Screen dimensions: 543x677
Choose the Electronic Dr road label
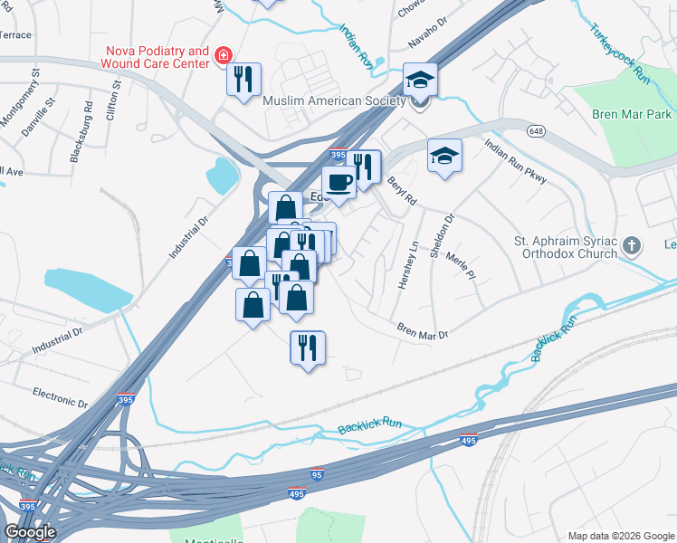[x=60, y=398]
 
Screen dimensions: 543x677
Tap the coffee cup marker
[x=339, y=183]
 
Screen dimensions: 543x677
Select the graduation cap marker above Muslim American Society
[x=420, y=81]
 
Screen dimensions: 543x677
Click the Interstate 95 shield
[x=316, y=473]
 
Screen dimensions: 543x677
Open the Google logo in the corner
[x=30, y=532]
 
